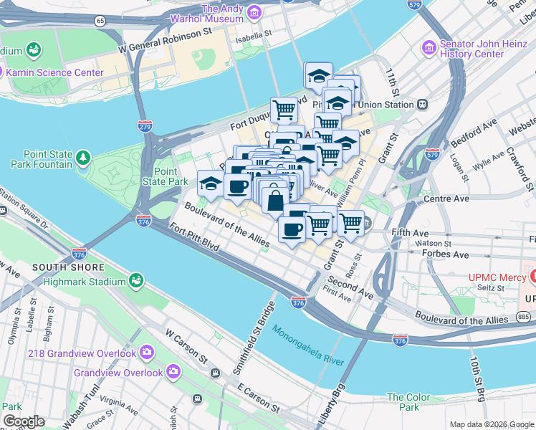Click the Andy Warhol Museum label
coord(212,14)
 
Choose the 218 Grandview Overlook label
coord(82,353)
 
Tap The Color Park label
coord(408,402)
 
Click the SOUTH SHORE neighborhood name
coord(60,267)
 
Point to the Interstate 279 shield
coord(144,125)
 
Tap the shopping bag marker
coord(275,200)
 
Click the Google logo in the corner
coord(24,421)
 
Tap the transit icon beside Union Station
coord(422,104)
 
